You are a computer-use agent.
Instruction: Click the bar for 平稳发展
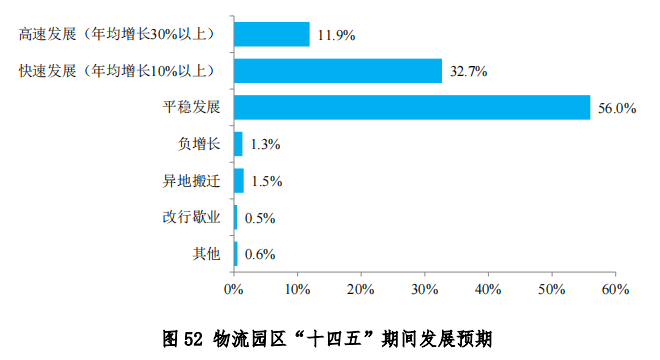(412, 107)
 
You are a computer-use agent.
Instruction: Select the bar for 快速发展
(338, 70)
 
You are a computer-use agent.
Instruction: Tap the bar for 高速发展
(272, 34)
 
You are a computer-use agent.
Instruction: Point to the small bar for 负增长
(238, 144)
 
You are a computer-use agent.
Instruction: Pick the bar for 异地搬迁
(239, 181)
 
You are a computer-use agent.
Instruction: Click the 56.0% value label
(617, 109)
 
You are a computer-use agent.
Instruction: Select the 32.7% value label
(469, 72)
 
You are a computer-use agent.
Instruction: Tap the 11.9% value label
(336, 36)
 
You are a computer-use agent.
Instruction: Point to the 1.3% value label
(265, 145)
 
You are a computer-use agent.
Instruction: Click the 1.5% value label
(267, 182)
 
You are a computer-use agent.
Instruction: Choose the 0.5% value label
(259, 218)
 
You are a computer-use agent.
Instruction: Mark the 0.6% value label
(259, 255)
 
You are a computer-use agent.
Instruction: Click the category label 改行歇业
(191, 217)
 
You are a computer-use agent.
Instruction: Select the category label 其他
(206, 254)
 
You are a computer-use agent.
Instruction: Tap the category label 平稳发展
(191, 107)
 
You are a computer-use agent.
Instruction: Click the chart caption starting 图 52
(330, 337)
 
